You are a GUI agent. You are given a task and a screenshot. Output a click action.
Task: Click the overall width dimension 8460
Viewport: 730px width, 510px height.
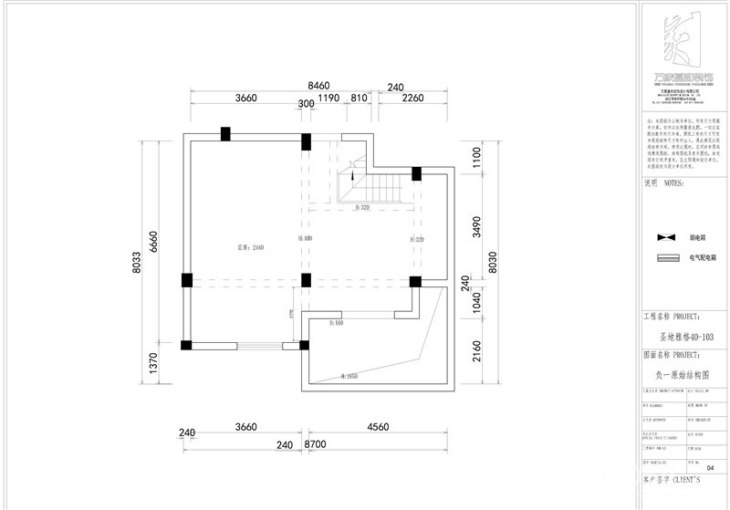[x=318, y=86]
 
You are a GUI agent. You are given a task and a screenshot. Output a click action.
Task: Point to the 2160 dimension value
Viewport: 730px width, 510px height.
[x=475, y=350]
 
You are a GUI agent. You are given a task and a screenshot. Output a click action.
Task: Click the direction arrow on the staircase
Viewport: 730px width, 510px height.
[x=352, y=173]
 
